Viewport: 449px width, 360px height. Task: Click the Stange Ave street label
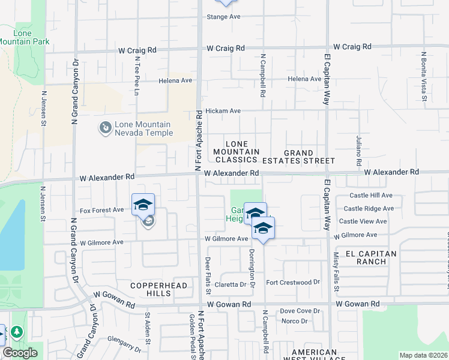pos(223,17)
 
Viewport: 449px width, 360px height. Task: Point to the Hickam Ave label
pos(223,111)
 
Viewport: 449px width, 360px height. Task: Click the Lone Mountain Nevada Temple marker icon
pos(106,128)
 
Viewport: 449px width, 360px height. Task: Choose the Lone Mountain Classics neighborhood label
pos(236,152)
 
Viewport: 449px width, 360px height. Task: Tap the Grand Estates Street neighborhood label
pos(309,157)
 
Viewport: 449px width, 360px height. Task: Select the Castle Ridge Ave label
pos(369,209)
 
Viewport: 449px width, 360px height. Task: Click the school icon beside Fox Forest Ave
pos(143,205)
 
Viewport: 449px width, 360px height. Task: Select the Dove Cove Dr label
pos(300,311)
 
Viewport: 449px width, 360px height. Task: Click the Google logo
pos(20,352)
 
